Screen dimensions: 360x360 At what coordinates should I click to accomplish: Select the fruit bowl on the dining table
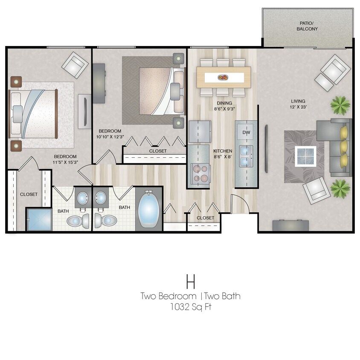click(x=223, y=78)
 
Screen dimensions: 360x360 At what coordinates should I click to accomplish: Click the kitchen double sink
click(x=245, y=156)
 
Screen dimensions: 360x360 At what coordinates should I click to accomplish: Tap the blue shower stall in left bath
click(x=39, y=219)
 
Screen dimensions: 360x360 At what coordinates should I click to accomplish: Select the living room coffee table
click(x=305, y=157)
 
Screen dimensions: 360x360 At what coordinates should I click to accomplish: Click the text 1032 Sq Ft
click(x=190, y=306)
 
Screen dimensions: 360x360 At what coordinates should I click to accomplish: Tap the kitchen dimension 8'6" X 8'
click(x=223, y=157)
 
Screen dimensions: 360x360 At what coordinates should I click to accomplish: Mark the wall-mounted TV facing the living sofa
click(x=267, y=149)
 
